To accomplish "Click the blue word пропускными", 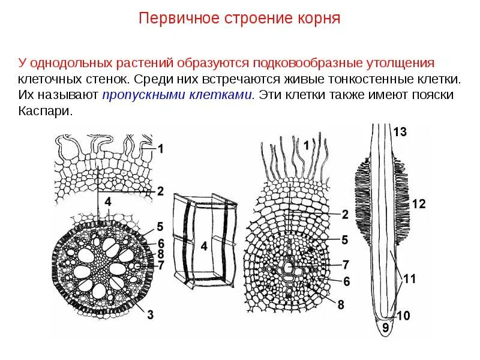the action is point(142,95).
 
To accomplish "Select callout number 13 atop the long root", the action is point(400,133).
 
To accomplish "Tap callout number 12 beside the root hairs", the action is point(419,205).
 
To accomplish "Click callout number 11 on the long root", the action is point(410,278).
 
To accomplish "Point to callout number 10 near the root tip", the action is point(403,315).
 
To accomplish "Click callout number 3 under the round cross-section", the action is point(150,313).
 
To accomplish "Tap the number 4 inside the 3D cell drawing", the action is point(204,245).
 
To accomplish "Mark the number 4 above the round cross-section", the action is point(108,203).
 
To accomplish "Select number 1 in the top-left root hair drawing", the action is point(160,147).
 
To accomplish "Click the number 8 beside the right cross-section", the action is point(341,304).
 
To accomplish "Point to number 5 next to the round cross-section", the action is point(160,226).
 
